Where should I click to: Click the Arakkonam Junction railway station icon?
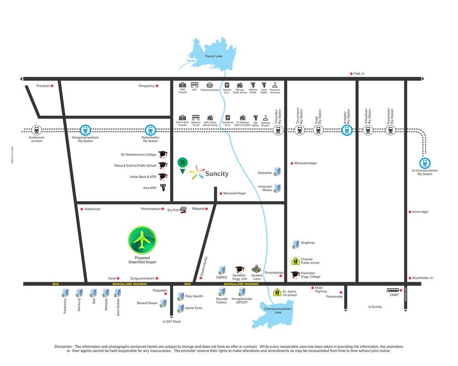click(x=36, y=130)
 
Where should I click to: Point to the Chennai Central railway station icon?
click(x=425, y=162)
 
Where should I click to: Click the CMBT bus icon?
click(x=393, y=290)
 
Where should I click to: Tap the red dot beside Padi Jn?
click(x=351, y=73)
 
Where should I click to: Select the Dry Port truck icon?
click(x=183, y=210)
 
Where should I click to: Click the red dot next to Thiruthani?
click(x=52, y=86)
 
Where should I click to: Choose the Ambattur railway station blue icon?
click(x=347, y=130)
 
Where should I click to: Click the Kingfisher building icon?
click(x=295, y=244)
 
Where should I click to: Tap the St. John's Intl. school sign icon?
click(x=277, y=292)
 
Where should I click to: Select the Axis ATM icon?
click(x=163, y=187)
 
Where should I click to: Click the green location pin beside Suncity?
click(x=183, y=163)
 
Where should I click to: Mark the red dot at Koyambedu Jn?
click(x=409, y=278)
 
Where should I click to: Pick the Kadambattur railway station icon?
click(x=150, y=130)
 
